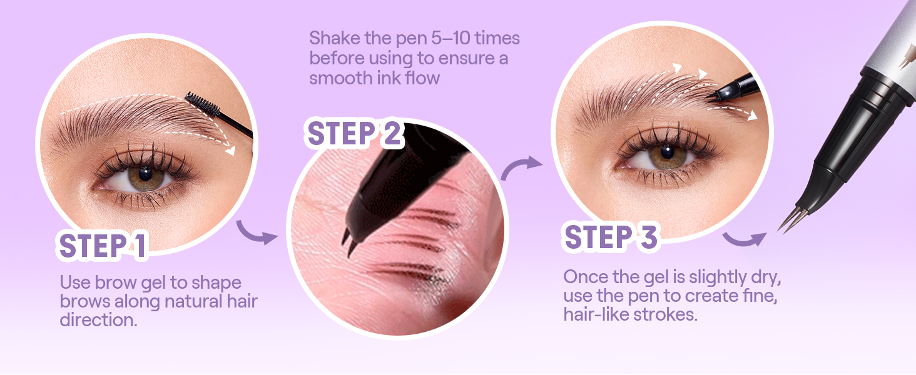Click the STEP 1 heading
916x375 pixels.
[102, 246]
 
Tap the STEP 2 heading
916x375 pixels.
[354, 134]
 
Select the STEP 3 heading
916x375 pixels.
[611, 237]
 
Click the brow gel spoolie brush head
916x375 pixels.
[202, 104]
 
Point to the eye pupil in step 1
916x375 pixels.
[145, 173]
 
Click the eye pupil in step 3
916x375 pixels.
[667, 152]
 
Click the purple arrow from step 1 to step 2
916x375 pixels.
[257, 233]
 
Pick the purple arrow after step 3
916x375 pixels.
[745, 239]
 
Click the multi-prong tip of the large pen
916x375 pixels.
[791, 219]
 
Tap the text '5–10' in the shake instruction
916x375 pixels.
[450, 38]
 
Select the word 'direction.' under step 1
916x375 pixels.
[99, 320]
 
